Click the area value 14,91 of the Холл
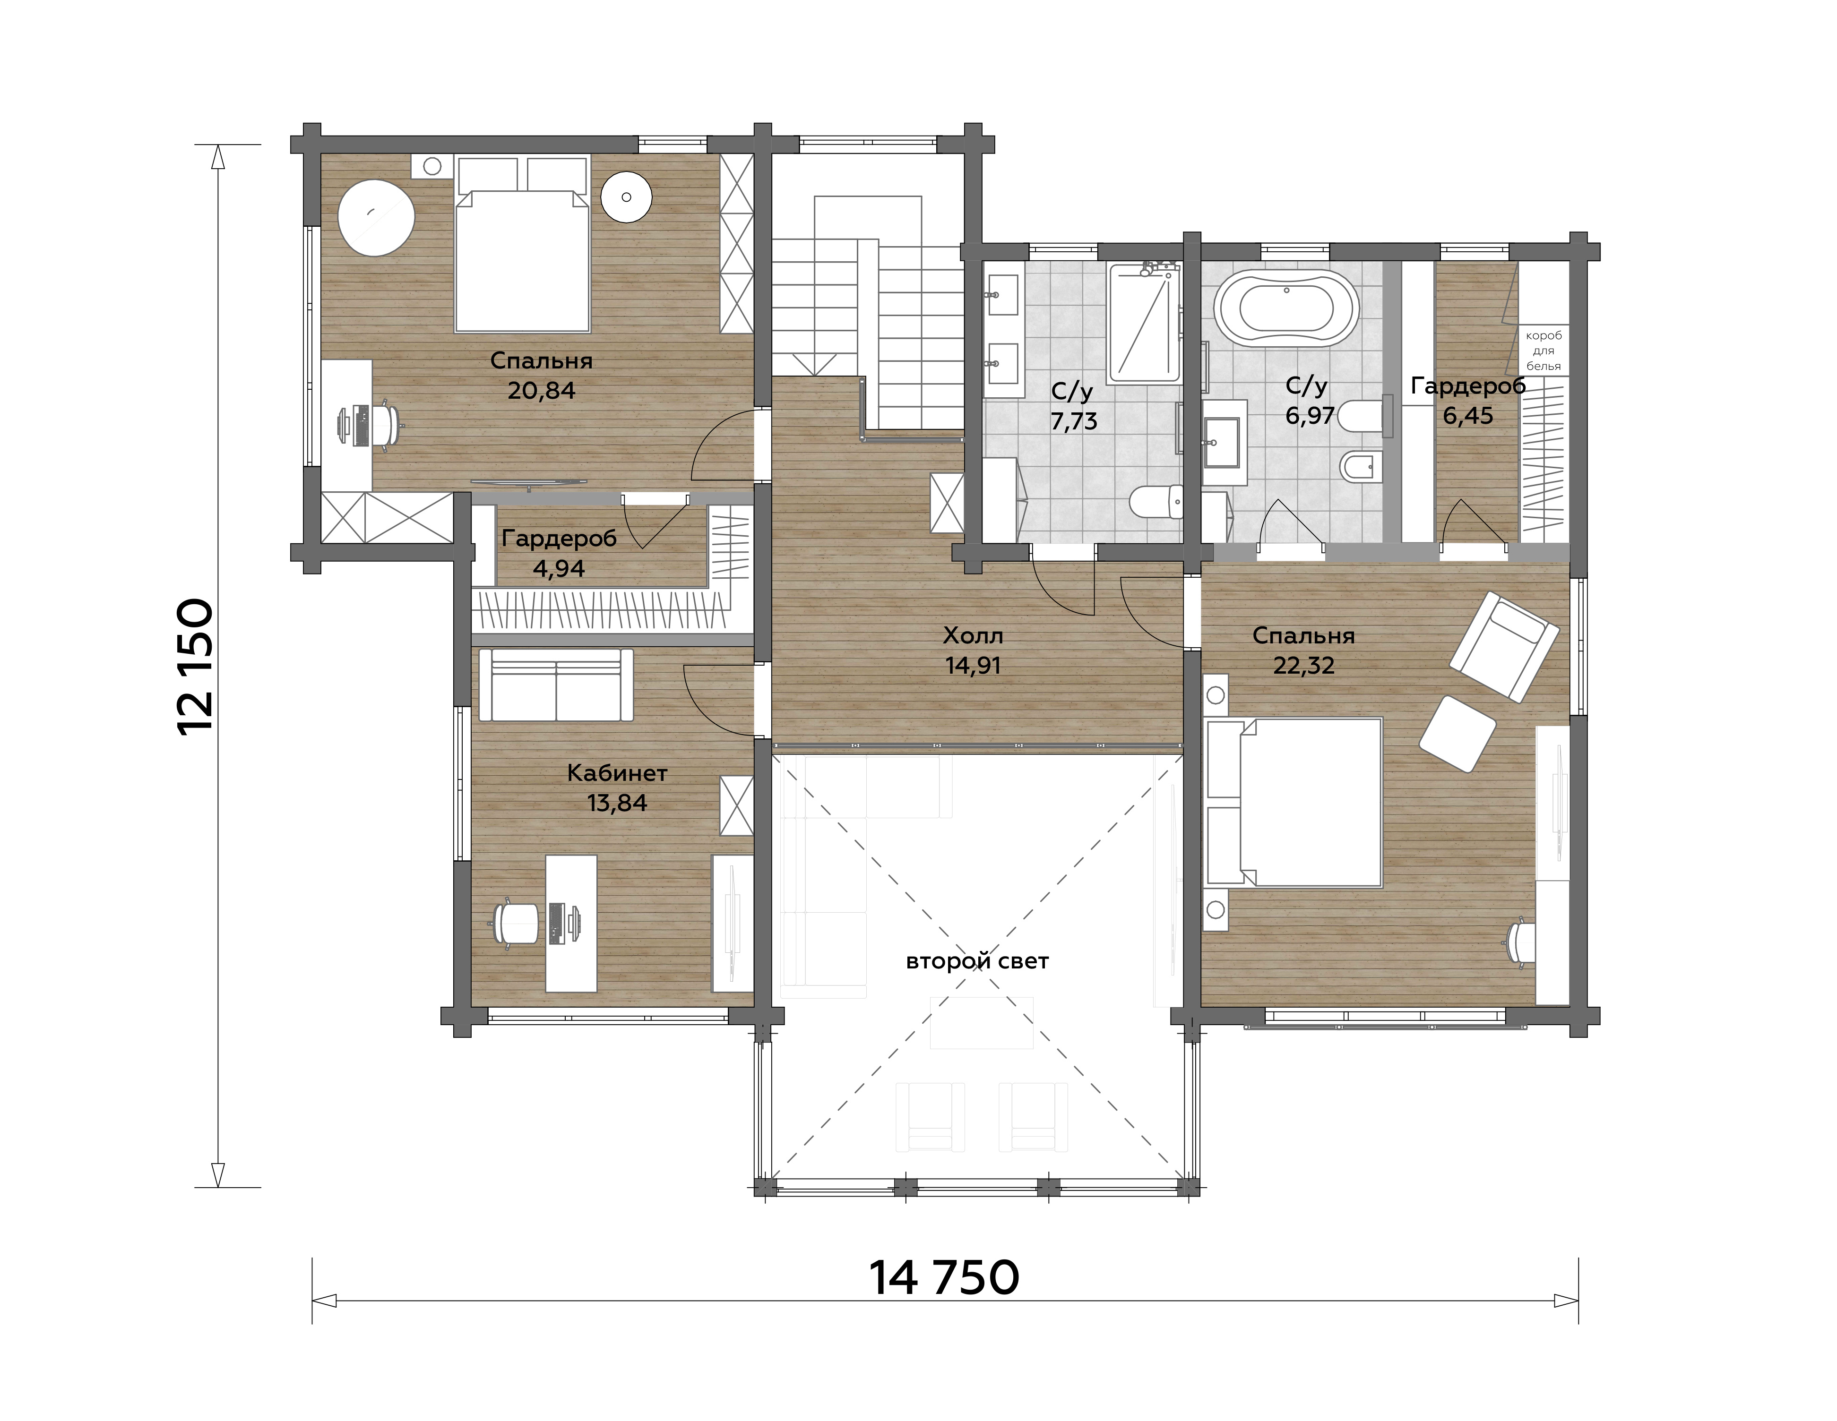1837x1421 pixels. pos(972,666)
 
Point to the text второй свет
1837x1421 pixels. pos(977,961)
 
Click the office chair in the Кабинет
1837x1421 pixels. pos(513,923)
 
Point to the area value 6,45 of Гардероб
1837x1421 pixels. pos(1468,415)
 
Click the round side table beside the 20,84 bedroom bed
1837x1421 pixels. pos(627,197)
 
